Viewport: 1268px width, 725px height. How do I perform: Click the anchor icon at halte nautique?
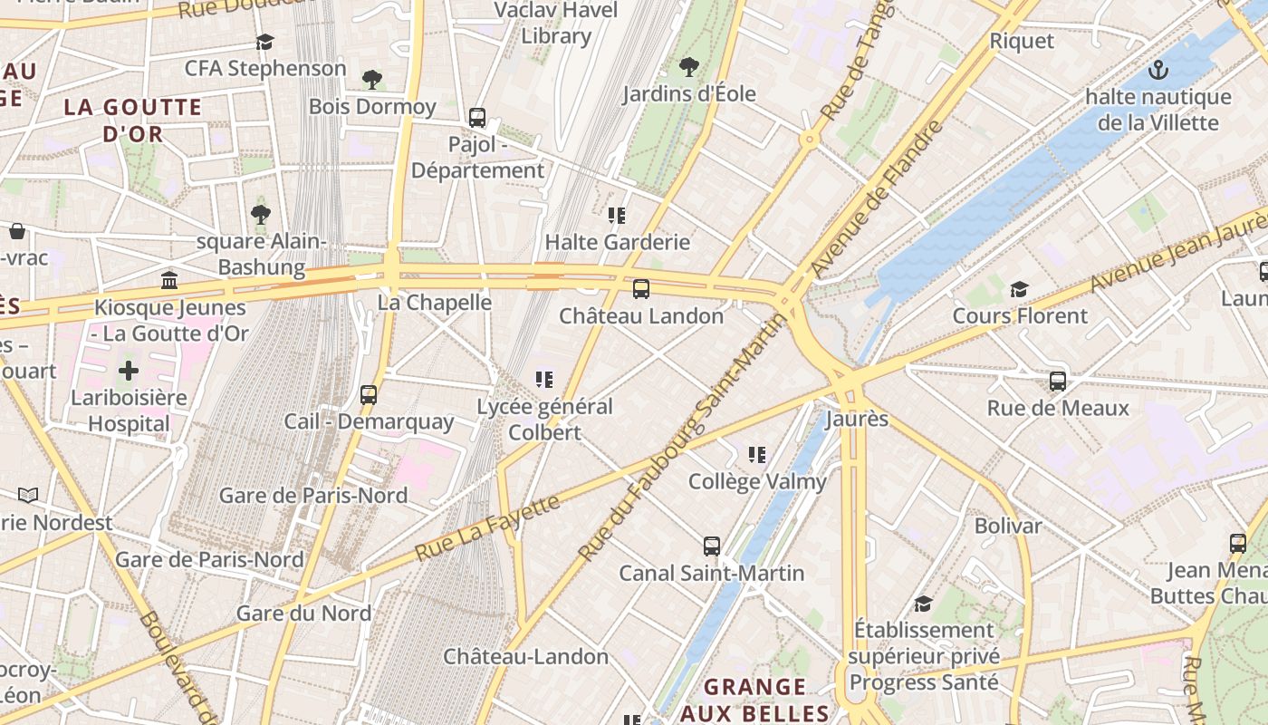click(x=1157, y=70)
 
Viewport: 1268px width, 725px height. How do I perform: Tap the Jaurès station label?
click(x=857, y=420)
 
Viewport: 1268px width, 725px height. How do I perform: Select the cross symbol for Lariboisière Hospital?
click(x=129, y=371)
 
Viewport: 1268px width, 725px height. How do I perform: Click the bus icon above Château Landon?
click(x=641, y=289)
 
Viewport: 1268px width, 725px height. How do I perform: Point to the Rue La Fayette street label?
click(x=487, y=527)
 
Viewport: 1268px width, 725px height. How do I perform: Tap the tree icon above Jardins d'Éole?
click(x=689, y=66)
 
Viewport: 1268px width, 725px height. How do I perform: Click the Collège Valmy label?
click(x=757, y=481)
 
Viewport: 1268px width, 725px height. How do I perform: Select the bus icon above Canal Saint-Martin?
click(x=712, y=546)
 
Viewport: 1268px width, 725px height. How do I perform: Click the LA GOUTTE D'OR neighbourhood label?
click(x=132, y=121)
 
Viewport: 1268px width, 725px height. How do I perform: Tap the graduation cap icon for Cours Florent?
click(x=1020, y=289)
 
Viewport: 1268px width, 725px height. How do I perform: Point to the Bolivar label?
click(x=1008, y=526)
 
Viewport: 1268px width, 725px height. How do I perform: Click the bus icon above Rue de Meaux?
click(x=1058, y=382)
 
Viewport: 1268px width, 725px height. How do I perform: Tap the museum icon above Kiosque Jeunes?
click(x=169, y=280)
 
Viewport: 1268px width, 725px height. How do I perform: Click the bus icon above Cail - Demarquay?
click(x=369, y=395)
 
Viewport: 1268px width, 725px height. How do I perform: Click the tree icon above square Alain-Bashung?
click(x=261, y=215)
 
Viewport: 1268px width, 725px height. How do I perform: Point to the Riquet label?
click(x=1022, y=41)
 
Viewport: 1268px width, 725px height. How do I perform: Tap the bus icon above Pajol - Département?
click(x=477, y=118)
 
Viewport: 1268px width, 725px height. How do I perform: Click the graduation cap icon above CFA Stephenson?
click(x=264, y=42)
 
